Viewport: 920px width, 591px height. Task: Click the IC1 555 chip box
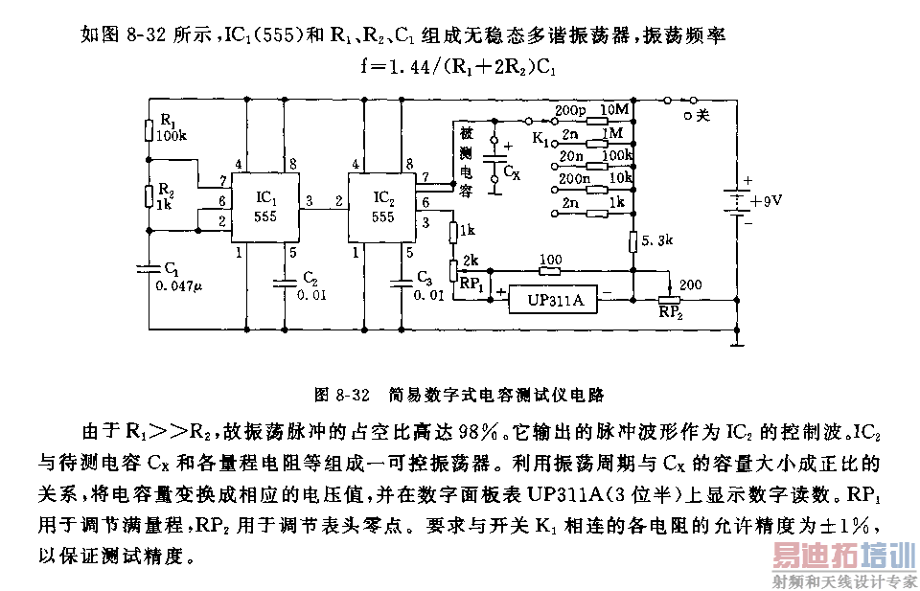265,208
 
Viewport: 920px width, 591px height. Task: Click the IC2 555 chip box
382,208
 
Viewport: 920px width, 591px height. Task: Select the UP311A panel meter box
553,300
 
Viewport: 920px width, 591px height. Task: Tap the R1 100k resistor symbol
149,129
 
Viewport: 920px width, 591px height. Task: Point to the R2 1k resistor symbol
149,195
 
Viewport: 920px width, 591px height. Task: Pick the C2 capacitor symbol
285,284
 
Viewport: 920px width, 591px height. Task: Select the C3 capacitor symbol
402,284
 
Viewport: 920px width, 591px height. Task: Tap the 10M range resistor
598,122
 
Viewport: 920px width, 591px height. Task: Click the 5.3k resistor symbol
633,241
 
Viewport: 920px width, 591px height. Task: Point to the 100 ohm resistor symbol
550,271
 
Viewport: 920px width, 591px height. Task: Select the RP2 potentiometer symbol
669,300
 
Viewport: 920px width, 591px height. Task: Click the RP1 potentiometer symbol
453,271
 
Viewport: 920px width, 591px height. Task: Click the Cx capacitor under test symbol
494,159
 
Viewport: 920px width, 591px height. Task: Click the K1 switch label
540,139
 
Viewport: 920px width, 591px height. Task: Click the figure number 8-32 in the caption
354,395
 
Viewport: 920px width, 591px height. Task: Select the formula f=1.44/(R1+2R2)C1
459,66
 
